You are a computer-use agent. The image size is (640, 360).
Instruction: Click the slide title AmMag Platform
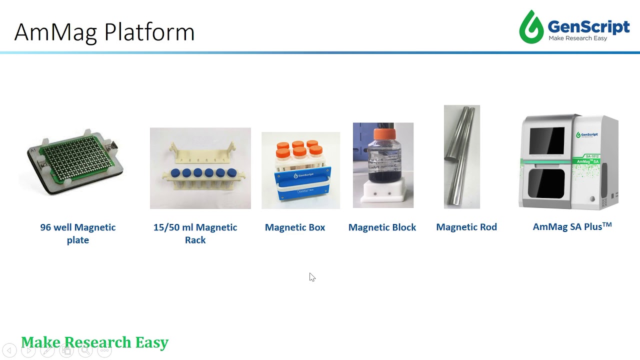(x=104, y=32)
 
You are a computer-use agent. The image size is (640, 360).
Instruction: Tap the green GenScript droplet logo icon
(x=531, y=27)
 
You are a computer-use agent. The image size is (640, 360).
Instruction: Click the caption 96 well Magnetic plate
(x=78, y=233)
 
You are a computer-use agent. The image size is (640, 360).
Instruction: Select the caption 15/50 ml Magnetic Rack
(x=195, y=233)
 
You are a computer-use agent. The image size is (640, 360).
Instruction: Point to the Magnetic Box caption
(x=295, y=227)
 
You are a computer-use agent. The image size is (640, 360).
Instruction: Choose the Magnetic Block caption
(x=382, y=227)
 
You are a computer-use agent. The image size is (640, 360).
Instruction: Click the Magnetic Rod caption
(x=466, y=227)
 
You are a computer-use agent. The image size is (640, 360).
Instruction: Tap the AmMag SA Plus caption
(x=572, y=226)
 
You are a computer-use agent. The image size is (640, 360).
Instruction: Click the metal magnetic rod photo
(x=461, y=156)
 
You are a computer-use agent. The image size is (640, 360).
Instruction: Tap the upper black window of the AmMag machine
(x=546, y=141)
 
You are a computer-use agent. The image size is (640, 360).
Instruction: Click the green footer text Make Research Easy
(x=95, y=342)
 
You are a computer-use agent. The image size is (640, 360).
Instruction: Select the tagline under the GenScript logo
(x=577, y=38)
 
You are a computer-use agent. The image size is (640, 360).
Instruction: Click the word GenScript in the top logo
(x=588, y=26)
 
